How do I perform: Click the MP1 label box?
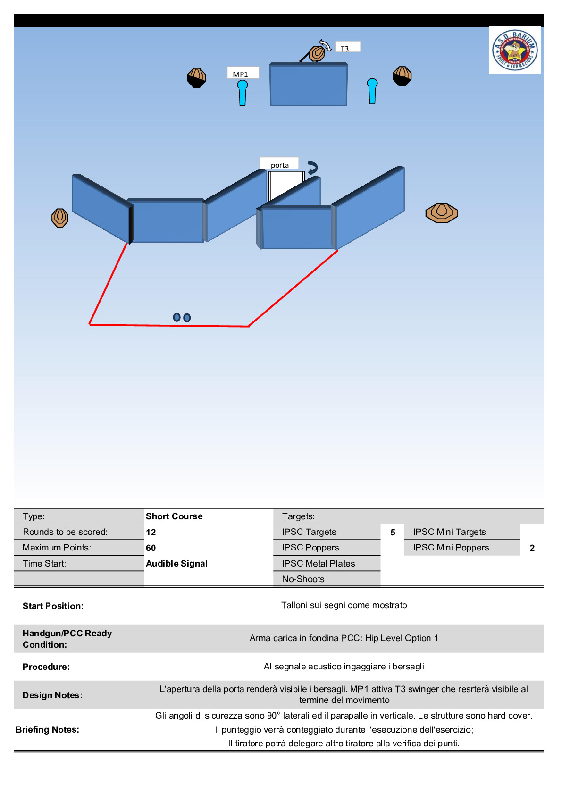pos(243,73)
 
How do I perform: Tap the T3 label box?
pos(347,47)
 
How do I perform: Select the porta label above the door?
pos(279,163)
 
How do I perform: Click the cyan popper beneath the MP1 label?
pos(243,93)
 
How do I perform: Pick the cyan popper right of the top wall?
pos(372,91)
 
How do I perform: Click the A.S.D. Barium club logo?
pos(515,50)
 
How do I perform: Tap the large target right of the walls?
pos(442,213)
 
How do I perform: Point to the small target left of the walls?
pos(60,218)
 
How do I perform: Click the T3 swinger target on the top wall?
pos(317,53)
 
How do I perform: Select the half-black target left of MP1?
pos(197,78)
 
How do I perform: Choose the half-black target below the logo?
pos(402,76)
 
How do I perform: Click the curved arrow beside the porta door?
pos(312,168)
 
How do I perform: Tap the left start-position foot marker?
pos(176,317)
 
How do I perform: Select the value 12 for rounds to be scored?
pos(151,532)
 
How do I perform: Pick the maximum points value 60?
pos(151,548)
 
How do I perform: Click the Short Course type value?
pos(174,516)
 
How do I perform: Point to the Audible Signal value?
pos(176,563)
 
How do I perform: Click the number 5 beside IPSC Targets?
pos(393,532)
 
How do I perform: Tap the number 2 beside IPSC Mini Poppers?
pos(532,548)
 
